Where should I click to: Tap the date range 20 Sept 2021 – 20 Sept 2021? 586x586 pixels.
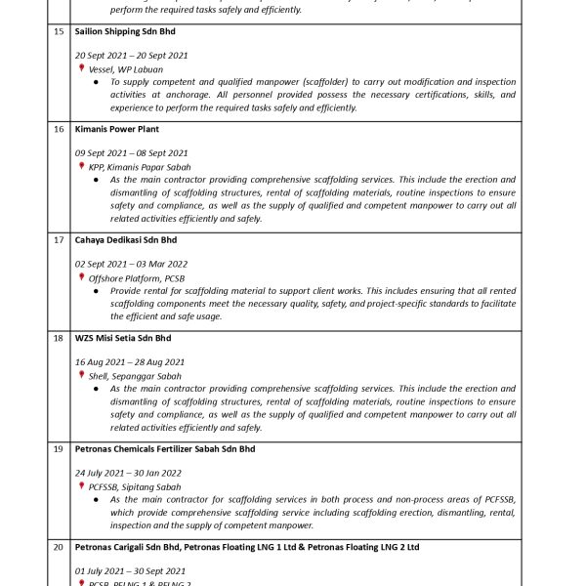131,56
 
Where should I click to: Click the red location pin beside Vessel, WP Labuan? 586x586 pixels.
82,69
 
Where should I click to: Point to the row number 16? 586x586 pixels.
60,129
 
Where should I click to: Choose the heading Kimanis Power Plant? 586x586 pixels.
117,129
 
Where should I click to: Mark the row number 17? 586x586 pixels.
60,239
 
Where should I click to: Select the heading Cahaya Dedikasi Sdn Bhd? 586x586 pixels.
124,239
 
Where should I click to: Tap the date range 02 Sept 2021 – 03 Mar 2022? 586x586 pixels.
131,264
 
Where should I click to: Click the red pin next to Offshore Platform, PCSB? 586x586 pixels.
82,277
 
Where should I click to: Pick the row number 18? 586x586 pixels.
60,338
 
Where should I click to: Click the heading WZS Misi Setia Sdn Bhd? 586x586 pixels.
122,338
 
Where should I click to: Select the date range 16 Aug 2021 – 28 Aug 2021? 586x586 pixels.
129,362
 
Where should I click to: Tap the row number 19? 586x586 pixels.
60,449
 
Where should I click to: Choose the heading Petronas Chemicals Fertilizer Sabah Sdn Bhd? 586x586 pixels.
165,449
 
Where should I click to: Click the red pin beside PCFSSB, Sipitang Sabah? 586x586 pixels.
82,486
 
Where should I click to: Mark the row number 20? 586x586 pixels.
60,547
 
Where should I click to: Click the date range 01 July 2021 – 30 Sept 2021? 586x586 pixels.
130,571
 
